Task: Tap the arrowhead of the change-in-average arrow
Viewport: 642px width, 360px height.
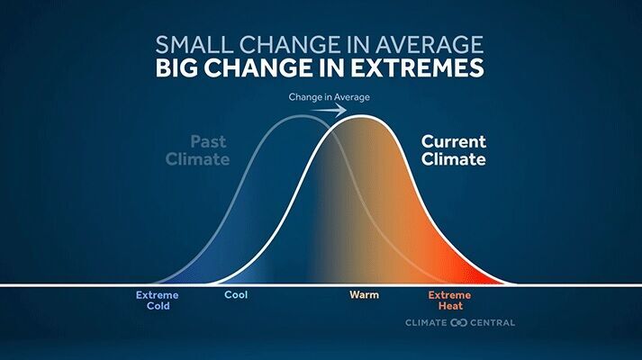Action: (x=344, y=110)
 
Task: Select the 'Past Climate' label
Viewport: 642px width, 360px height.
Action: (x=210, y=150)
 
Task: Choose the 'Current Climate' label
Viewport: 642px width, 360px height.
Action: (x=454, y=150)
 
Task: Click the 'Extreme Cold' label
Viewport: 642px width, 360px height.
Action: (x=158, y=300)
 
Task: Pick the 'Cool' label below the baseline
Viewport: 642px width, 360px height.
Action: (x=236, y=294)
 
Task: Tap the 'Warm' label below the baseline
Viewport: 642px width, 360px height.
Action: (x=364, y=294)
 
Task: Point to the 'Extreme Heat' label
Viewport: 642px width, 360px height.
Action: (x=448, y=300)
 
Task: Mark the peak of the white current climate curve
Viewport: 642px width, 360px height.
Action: (x=361, y=116)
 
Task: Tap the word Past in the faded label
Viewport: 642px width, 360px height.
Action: (x=210, y=141)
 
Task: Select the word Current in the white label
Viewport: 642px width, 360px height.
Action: (x=454, y=141)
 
